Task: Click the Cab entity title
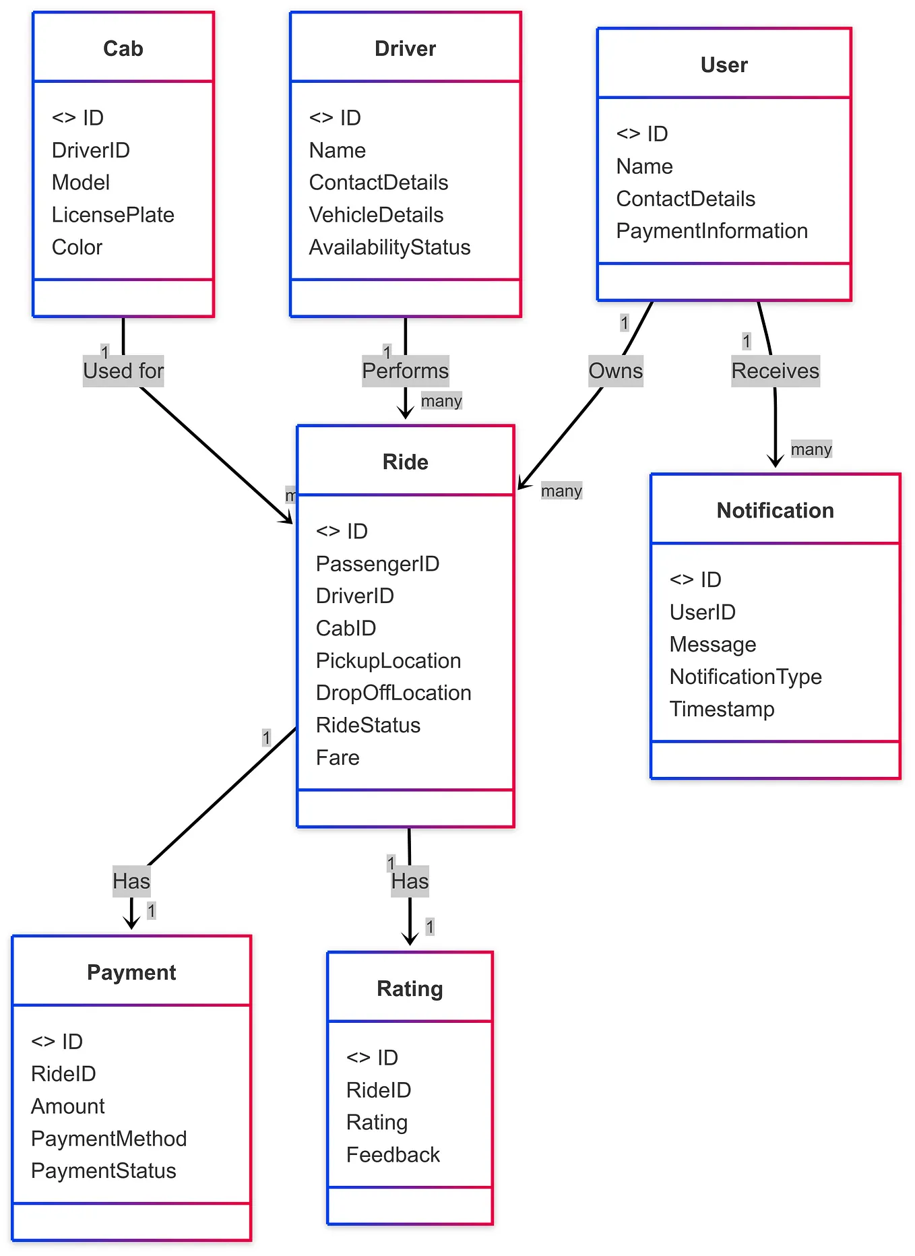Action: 123,49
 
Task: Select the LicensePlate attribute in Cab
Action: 113,215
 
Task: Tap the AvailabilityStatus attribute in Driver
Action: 389,247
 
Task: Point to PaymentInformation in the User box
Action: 711,231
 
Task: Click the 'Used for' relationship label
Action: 123,371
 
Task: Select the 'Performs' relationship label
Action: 405,371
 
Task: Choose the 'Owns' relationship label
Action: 615,371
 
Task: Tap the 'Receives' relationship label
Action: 775,371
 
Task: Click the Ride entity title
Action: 405,462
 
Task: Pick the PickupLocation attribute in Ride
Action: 388,660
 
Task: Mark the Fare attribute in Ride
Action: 337,757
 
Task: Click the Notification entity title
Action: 775,511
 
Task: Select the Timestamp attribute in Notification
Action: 722,709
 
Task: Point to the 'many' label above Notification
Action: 811,449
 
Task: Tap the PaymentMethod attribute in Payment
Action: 108,1139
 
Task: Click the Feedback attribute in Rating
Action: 392,1155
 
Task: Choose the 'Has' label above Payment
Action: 131,881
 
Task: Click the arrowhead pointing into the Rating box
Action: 410,940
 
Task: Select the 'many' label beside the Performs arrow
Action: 441,401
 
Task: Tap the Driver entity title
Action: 405,49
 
